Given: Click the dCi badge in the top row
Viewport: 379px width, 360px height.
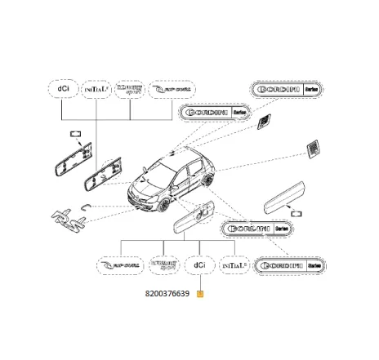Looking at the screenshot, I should (62, 89).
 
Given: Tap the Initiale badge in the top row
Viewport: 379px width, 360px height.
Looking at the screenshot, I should (95, 89).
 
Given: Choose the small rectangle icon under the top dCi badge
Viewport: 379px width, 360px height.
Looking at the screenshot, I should (74, 132).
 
